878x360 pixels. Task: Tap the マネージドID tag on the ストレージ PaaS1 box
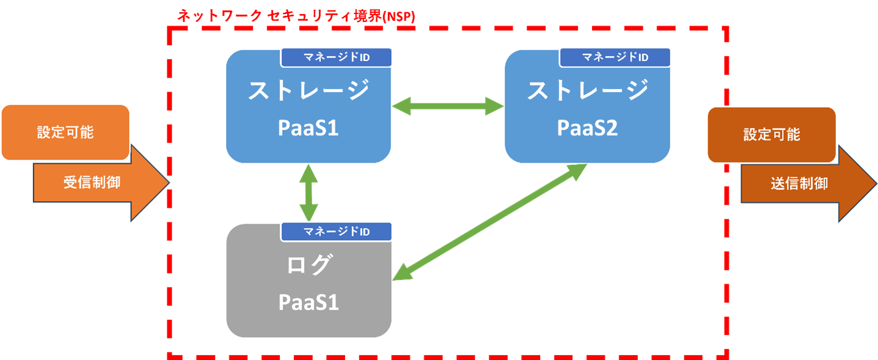[x=336, y=57]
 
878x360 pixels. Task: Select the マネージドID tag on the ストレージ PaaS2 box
[x=615, y=57]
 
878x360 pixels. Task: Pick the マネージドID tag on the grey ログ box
[x=336, y=232]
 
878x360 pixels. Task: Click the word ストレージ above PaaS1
[x=309, y=90]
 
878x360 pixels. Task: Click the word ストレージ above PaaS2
[x=587, y=90]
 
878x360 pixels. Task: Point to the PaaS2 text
[x=587, y=128]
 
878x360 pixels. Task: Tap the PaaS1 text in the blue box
[x=309, y=128]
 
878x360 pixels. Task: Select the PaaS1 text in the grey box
[x=309, y=302]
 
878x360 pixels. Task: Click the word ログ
[x=309, y=265]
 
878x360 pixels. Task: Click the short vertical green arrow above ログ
[x=309, y=193]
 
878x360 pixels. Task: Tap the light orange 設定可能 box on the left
[x=65, y=132]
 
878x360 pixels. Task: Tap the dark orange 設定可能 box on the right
[x=771, y=134]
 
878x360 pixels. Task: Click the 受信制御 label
[x=92, y=183]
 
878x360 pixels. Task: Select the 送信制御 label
[x=799, y=183]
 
